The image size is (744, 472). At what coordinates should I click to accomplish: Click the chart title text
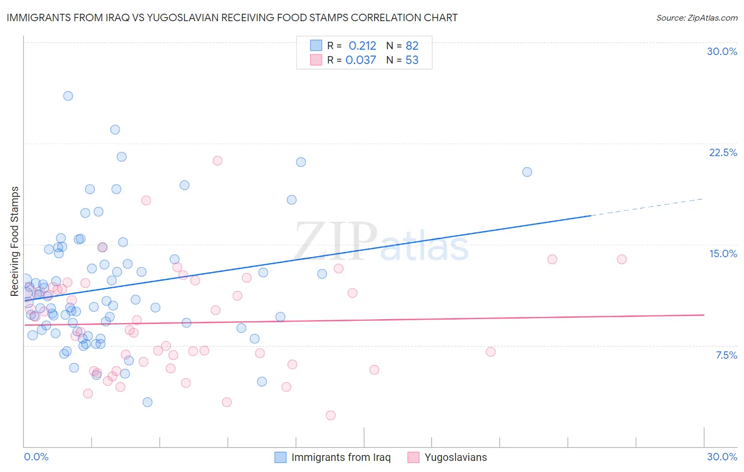tap(232, 17)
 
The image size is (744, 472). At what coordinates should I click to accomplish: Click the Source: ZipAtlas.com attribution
tap(696, 17)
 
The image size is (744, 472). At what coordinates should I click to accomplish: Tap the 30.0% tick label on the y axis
tap(722, 51)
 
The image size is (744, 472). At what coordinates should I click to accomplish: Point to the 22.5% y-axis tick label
tap(723, 152)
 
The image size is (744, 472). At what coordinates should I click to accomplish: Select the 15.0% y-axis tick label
tap(723, 253)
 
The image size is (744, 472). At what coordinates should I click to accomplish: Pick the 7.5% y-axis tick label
tap(726, 355)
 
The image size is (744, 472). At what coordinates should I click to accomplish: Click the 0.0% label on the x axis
tap(36, 457)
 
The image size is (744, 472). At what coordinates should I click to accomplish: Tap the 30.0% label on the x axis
tap(722, 457)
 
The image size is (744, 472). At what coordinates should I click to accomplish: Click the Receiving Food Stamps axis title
tap(15, 241)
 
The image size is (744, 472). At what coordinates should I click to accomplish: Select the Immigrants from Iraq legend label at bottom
tap(341, 457)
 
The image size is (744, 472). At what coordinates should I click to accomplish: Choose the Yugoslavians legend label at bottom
tap(456, 457)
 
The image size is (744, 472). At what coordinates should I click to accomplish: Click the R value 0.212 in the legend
tap(362, 46)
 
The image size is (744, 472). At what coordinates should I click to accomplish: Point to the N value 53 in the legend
tap(412, 60)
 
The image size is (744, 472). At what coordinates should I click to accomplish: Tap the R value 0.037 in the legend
tap(360, 60)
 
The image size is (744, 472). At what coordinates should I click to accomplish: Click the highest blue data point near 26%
tap(68, 96)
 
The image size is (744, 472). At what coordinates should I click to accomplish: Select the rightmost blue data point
tap(527, 172)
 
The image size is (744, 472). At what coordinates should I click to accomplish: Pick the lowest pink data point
tap(331, 415)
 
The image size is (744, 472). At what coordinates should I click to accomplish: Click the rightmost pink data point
tap(622, 259)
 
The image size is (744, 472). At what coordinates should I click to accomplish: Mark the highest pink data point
tap(217, 161)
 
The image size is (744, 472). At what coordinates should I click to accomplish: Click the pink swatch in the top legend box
tap(316, 60)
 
